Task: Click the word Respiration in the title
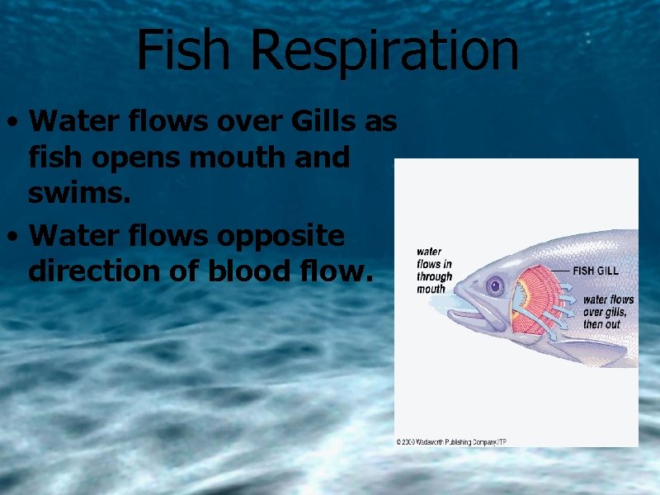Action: pos(385,51)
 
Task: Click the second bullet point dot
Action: pos(12,238)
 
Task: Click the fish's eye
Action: pos(495,286)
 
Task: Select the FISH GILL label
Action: pos(596,271)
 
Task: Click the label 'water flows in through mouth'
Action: pos(434,271)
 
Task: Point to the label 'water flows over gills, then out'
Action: pos(609,312)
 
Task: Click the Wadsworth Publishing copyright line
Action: pos(450,442)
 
